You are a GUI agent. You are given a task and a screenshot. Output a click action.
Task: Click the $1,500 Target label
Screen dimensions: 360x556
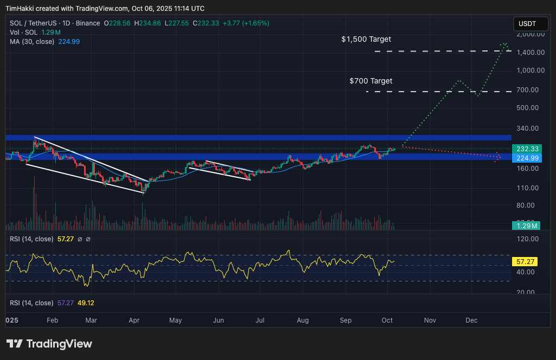pyautogui.click(x=366, y=40)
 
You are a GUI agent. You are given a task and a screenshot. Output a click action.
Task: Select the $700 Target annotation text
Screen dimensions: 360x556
pyautogui.click(x=370, y=81)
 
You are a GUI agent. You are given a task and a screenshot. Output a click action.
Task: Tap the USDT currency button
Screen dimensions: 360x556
pyautogui.click(x=527, y=24)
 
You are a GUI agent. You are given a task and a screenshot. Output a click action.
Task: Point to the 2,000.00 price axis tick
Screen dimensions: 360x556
pyautogui.click(x=531, y=34)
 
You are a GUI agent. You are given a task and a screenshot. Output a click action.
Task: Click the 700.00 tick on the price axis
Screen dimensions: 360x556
pyautogui.click(x=532, y=90)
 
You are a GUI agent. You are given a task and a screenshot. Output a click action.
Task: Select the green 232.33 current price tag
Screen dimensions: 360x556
pyautogui.click(x=526, y=149)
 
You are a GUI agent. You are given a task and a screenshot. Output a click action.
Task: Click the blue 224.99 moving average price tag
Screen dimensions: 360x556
pyautogui.click(x=526, y=158)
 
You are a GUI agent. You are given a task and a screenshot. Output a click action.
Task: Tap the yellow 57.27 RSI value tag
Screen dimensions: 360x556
pyautogui.click(x=526, y=261)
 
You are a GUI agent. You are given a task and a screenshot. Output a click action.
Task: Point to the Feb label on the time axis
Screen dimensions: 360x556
pyautogui.click(x=52, y=320)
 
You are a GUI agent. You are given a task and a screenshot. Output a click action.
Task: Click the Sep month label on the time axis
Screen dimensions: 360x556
pyautogui.click(x=345, y=320)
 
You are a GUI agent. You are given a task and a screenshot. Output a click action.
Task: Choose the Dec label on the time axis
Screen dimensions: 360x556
pyautogui.click(x=471, y=320)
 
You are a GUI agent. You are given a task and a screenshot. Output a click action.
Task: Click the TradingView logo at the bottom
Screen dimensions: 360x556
pyautogui.click(x=49, y=344)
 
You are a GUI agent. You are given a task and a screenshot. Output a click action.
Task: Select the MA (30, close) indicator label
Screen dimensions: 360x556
pyautogui.click(x=31, y=42)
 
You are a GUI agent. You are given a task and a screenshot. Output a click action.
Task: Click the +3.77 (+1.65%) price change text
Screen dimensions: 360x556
pyautogui.click(x=244, y=23)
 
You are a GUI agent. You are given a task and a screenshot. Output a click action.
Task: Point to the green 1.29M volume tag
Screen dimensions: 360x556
pyautogui.click(x=526, y=226)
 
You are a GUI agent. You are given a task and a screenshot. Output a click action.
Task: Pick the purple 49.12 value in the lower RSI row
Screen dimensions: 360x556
pyautogui.click(x=86, y=303)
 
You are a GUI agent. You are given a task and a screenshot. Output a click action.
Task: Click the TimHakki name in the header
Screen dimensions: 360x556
pyautogui.click(x=20, y=8)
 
